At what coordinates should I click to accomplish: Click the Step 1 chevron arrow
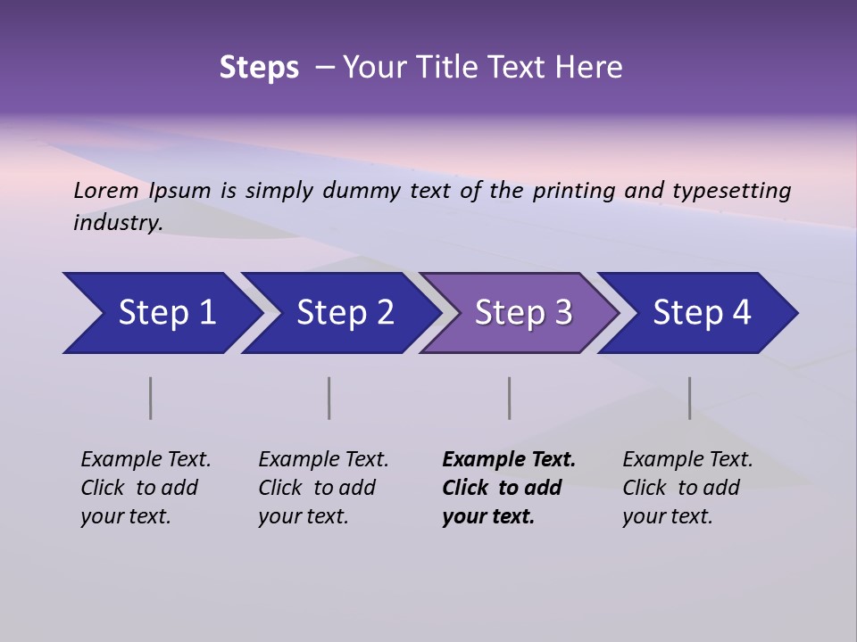[x=161, y=313]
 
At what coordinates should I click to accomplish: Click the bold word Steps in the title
[x=259, y=68]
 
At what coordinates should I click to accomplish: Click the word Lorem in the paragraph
[x=106, y=190]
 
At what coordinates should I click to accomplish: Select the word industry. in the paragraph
[x=118, y=223]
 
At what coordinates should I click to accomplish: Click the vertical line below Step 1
[x=151, y=398]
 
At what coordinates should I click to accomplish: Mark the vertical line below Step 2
[x=329, y=398]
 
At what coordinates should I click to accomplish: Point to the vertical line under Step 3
[x=509, y=398]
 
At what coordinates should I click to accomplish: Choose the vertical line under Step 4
[x=689, y=398]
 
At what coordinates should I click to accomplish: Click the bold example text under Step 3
[x=508, y=488]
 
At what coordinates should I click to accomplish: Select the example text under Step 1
[x=146, y=488]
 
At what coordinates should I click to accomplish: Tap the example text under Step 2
[x=323, y=488]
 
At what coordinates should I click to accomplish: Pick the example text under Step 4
[x=687, y=488]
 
